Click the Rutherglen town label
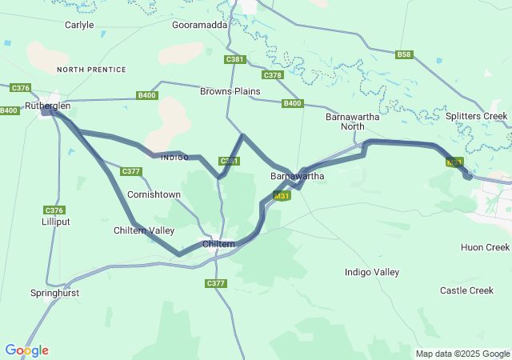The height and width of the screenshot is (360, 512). coord(47,106)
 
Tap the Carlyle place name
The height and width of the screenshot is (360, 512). coord(78,25)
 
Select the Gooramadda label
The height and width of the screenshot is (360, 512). coord(200,25)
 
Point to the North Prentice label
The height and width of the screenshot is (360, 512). coord(91,70)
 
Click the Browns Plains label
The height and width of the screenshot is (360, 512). coord(230,91)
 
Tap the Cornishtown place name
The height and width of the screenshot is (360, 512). coord(154,194)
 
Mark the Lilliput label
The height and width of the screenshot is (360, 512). coord(56,221)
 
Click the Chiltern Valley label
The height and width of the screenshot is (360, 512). coord(144,230)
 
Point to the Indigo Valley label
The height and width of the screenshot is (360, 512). coord(371,272)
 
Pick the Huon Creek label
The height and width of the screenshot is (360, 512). coord(485,247)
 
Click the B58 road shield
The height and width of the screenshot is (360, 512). coord(404,54)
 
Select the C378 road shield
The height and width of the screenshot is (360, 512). coord(273,75)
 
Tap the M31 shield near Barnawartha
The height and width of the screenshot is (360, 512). coord(281,196)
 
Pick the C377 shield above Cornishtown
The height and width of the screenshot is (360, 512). coord(130,171)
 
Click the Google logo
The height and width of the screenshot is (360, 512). coord(26,350)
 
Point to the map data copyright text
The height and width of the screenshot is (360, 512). coord(462,354)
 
